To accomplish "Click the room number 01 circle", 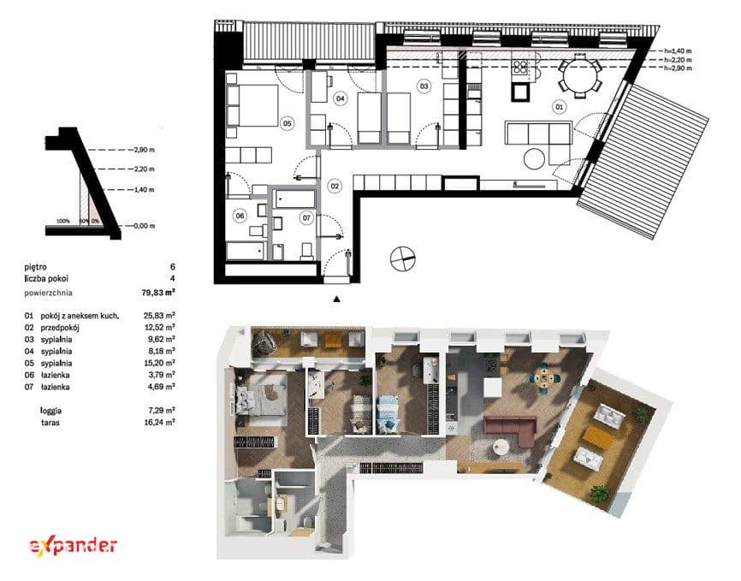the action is coord(559,107).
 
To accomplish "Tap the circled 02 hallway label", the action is coord(335,186).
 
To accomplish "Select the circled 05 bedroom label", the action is coord(287,123).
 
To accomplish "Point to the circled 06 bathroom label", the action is coord(240,216).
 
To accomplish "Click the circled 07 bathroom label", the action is coord(306,218).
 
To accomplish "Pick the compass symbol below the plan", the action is coord(402,259).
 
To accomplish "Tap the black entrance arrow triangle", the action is coord(336,299).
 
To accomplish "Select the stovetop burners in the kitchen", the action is coord(520,67).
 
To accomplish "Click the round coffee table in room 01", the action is coord(535,159).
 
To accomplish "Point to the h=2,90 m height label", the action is coord(678,68).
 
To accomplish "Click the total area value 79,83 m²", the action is coord(158,293).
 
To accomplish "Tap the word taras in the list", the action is coord(50,423).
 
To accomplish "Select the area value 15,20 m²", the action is coord(159,363).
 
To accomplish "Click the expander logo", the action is coord(73,546).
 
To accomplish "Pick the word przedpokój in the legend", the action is coord(60,328).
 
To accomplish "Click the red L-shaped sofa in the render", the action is coord(512,429).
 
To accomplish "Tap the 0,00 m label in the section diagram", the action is coord(144,226).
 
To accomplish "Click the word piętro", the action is coord(35,268).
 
